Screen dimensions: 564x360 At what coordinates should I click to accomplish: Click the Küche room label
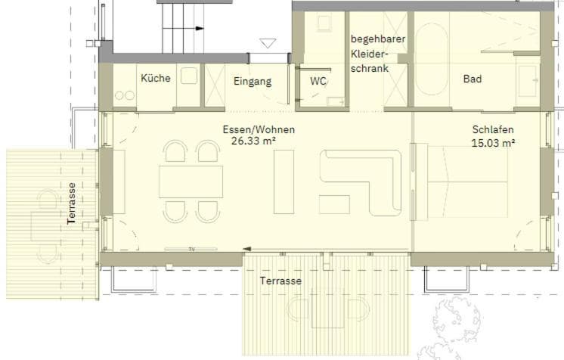156,78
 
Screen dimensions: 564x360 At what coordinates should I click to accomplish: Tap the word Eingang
253,82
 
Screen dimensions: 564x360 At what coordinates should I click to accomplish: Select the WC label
318,82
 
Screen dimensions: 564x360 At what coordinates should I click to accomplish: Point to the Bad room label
473,79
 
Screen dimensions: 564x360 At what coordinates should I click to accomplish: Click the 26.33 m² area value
253,141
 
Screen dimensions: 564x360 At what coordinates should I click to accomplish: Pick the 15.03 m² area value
493,143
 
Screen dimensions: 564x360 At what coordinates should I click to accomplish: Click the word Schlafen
493,129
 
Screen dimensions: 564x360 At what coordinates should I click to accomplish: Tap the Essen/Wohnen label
259,129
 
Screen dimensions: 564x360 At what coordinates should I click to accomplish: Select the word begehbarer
378,39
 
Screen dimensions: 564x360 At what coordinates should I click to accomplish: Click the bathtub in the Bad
432,60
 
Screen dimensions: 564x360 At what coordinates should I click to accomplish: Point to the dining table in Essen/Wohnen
191,182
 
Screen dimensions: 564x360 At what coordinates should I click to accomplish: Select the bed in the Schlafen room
467,182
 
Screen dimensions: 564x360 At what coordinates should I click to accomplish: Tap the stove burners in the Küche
125,95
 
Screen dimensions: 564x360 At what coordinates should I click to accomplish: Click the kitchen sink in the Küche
189,76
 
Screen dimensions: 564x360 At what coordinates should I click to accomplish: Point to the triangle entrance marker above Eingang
268,43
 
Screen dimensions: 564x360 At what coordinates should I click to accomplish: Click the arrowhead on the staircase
200,29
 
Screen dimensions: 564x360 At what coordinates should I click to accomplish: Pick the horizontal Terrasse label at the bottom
281,281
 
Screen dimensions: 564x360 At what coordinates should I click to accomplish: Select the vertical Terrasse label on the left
72,203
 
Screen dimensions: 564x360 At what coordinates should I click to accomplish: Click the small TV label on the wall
192,249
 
